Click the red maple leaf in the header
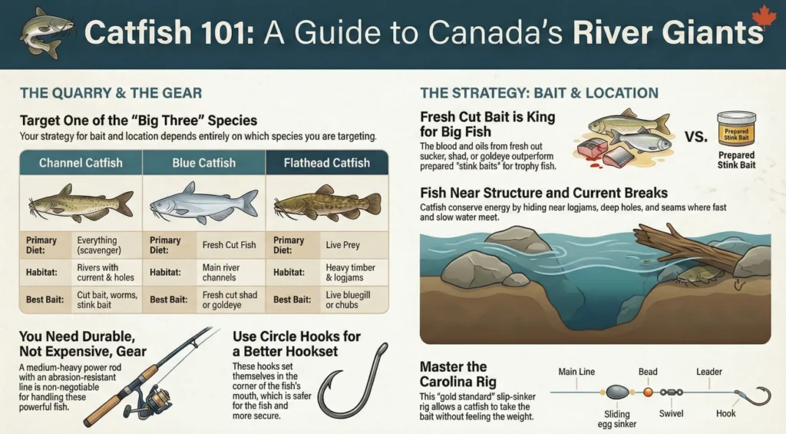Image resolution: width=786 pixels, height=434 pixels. coord(764,16)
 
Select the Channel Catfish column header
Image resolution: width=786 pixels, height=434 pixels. coord(80,163)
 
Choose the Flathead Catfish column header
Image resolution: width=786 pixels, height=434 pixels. coord(326,163)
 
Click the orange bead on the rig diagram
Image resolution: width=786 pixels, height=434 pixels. coord(647,391)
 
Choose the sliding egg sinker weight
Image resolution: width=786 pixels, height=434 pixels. coord(618,392)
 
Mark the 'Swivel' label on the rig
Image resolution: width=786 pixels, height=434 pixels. coord(669,412)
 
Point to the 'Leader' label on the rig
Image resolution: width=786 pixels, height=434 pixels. coord(709,373)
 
